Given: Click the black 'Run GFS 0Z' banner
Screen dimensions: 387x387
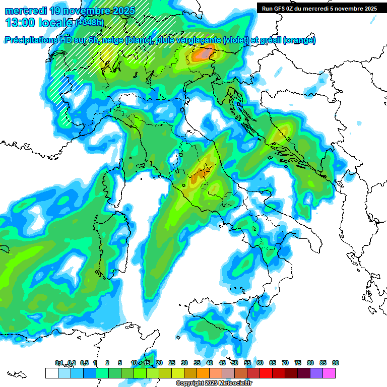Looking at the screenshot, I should [x=319, y=8].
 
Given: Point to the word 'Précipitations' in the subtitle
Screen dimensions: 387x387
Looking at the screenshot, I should [x=30, y=40].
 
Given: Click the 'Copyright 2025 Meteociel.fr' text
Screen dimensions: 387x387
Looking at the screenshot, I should [x=213, y=383].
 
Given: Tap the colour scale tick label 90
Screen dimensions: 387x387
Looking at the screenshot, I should [x=336, y=363].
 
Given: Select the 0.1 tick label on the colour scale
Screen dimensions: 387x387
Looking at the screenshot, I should [x=58, y=363].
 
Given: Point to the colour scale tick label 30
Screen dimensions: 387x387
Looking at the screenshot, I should [x=184, y=363].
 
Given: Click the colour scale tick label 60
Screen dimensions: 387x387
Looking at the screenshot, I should [x=260, y=363].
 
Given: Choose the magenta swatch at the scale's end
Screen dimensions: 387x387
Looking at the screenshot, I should [x=329, y=373].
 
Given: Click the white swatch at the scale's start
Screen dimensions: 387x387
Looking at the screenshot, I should [x=51, y=373].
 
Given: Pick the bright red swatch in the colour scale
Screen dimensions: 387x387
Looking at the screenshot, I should [x=266, y=373].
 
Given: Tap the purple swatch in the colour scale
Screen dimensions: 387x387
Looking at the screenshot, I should [x=316, y=373].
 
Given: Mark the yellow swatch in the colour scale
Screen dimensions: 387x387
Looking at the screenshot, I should [x=177, y=373].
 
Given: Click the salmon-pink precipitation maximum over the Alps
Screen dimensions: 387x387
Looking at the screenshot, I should [x=204, y=52].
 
